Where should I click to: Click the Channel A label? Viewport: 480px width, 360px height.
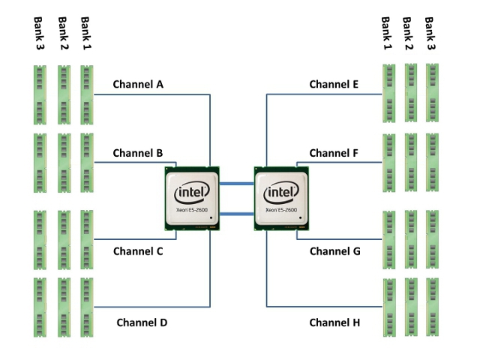click(x=138, y=84)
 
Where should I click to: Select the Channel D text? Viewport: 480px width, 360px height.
click(x=142, y=322)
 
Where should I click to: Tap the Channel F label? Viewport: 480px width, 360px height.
click(x=334, y=153)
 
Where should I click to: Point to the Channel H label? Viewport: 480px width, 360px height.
click(x=334, y=322)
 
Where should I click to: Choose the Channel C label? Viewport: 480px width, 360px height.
click(x=138, y=251)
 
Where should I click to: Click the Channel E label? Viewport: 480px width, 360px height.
click(x=334, y=84)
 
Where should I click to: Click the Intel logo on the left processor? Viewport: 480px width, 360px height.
click(x=191, y=193)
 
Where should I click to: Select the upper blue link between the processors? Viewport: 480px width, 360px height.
click(x=237, y=183)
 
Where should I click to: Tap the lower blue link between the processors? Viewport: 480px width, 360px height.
click(x=237, y=214)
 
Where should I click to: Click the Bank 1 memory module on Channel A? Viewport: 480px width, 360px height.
click(x=87, y=94)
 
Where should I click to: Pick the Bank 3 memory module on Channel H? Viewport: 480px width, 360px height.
click(x=433, y=307)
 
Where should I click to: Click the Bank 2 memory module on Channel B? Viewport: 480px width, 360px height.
click(x=64, y=163)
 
